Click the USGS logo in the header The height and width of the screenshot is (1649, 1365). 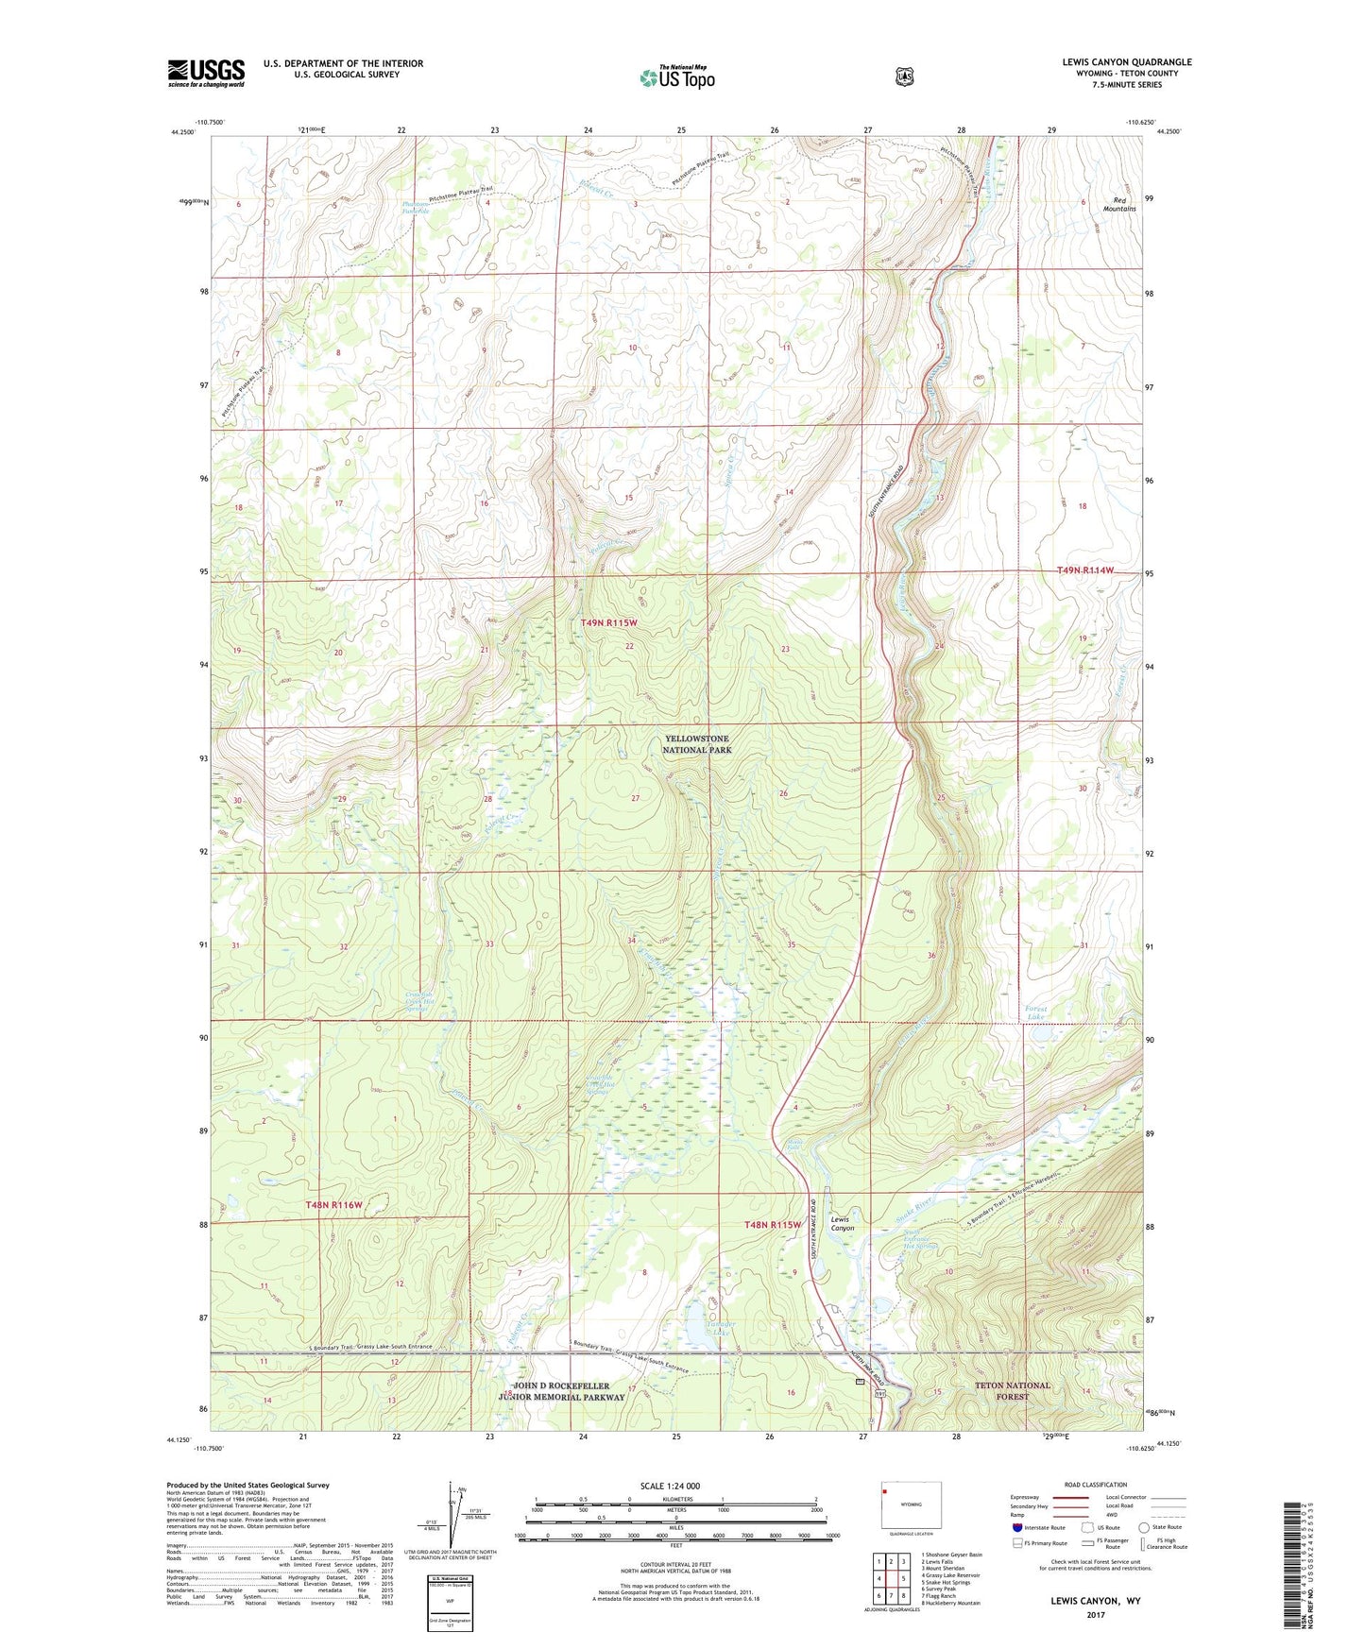click(206, 73)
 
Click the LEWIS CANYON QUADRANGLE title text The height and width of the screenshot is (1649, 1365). click(1126, 62)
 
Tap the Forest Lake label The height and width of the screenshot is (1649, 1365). click(1042, 1012)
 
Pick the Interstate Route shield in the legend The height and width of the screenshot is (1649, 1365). click(1016, 1526)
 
